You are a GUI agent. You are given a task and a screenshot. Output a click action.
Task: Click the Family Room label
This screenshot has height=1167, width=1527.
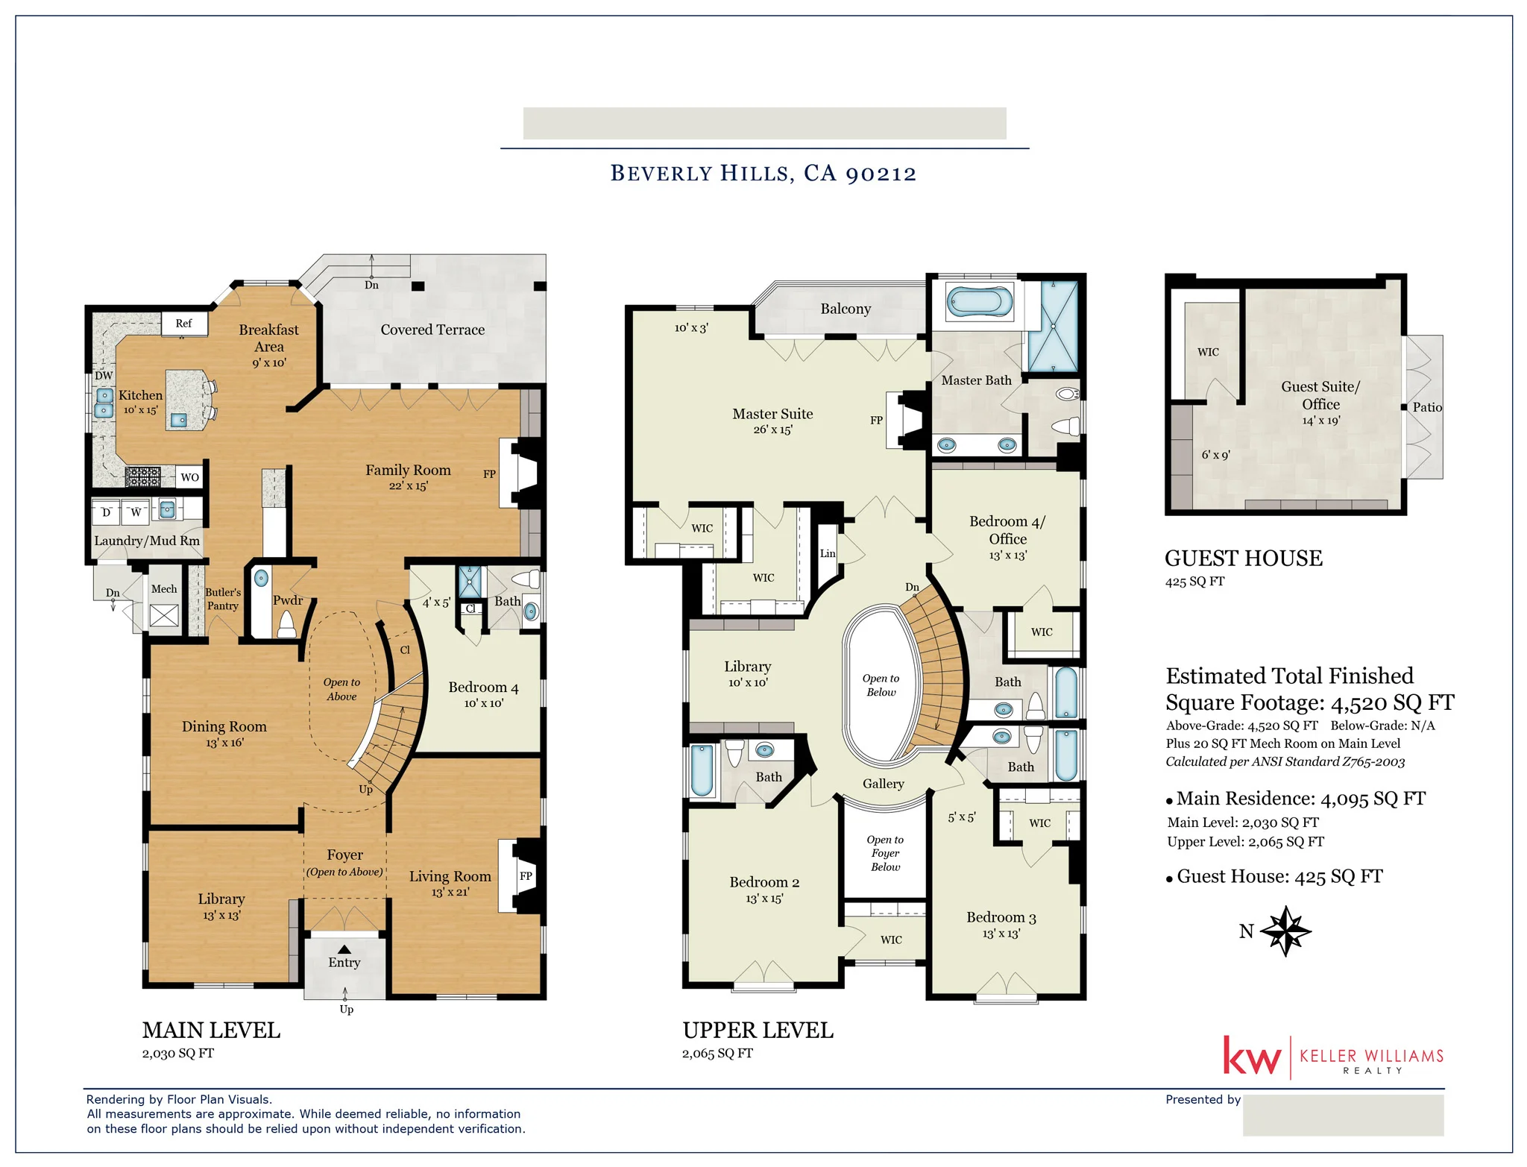408,471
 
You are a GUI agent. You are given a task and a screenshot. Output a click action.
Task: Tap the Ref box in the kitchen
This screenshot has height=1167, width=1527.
183,324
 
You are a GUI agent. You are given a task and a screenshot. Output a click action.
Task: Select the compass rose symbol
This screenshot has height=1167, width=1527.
1285,931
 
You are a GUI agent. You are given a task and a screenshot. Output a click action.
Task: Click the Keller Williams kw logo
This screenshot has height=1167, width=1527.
1251,1057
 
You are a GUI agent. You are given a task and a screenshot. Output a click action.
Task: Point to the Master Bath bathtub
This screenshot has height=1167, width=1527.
979,302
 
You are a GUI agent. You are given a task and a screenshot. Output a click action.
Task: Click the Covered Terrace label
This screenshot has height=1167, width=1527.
432,330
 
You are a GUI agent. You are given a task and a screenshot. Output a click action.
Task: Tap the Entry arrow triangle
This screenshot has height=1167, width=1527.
344,949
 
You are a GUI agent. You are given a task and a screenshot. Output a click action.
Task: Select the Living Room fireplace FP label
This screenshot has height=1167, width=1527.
526,876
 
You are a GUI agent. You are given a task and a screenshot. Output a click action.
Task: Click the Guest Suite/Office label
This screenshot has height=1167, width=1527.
1320,395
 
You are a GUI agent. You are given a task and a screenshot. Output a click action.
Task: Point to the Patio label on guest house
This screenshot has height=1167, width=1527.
1426,407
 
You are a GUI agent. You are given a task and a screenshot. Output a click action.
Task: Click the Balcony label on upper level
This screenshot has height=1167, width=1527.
845,309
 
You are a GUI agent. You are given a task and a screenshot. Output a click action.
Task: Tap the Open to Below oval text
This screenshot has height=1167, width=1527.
881,685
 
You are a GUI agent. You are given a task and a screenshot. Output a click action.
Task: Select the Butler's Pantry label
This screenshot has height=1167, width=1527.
222,599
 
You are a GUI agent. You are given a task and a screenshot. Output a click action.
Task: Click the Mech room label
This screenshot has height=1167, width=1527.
164,589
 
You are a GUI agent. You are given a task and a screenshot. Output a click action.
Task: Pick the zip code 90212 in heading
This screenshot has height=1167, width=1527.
881,173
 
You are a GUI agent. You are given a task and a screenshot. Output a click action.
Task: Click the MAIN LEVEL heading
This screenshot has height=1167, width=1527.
211,1031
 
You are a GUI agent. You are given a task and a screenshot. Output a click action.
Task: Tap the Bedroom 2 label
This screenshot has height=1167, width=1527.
763,882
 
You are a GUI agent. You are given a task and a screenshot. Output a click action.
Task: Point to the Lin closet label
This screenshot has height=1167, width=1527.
828,553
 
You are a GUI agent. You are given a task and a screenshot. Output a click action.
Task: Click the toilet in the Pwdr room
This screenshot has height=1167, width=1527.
287,624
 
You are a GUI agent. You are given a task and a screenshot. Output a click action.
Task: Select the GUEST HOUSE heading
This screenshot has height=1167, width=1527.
1243,559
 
